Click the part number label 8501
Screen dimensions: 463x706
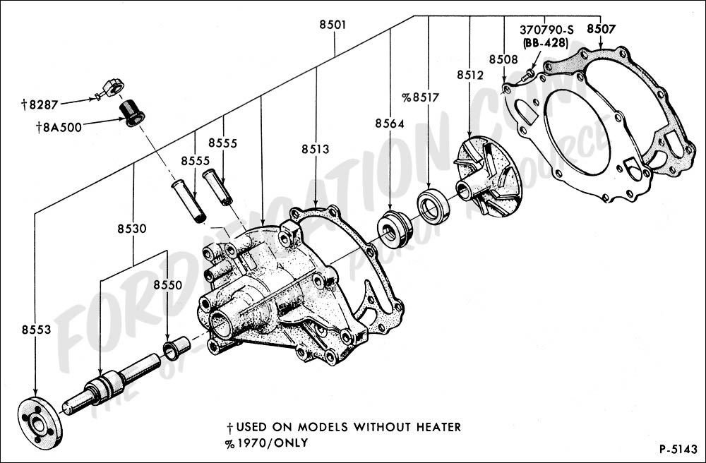tap(333, 25)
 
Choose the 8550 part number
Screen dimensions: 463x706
tap(167, 285)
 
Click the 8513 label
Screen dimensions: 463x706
tap(315, 149)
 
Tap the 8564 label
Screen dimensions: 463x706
tap(390, 124)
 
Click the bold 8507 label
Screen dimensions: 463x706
tap(600, 29)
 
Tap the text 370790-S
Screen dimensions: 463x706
tap(546, 30)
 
